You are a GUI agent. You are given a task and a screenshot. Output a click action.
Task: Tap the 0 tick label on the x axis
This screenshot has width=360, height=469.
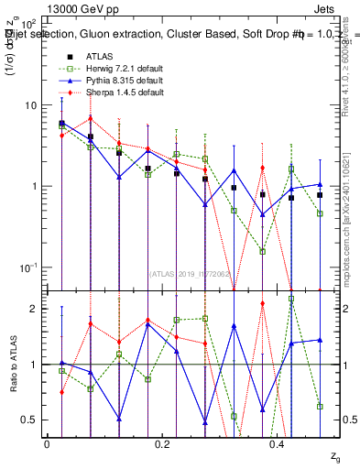click(x=47, y=443)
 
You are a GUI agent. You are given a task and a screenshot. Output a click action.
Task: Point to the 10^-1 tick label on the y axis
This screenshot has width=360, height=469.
click(x=27, y=267)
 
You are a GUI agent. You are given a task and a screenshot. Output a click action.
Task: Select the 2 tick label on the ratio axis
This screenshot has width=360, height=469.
click(x=33, y=309)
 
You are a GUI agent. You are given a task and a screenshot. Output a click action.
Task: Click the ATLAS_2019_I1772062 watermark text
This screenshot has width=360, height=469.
click(x=191, y=272)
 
